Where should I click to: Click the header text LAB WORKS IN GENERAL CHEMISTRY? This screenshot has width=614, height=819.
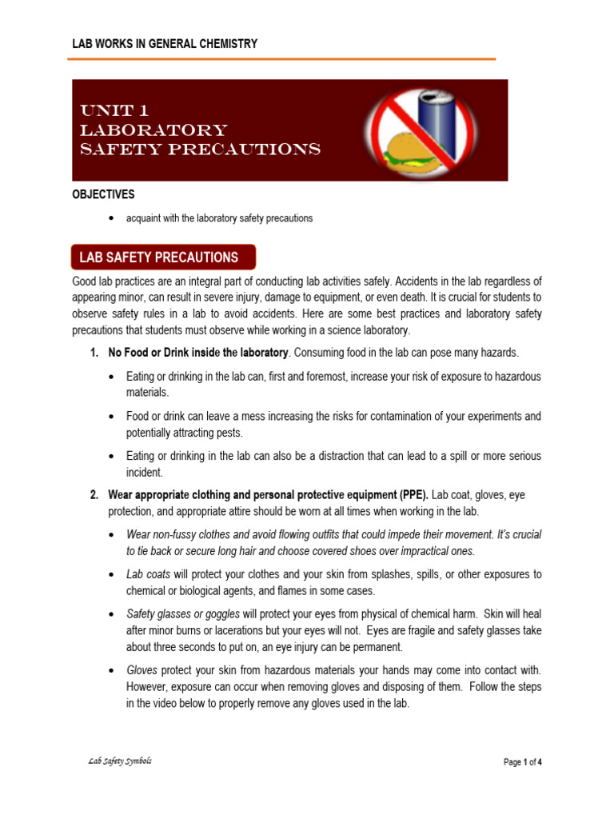click(165, 44)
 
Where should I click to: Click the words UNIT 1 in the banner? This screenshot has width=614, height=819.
click(114, 110)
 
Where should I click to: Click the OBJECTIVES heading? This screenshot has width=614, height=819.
click(103, 194)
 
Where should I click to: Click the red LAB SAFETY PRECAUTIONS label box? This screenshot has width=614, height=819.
click(163, 258)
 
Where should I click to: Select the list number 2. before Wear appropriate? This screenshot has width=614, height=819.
click(94, 495)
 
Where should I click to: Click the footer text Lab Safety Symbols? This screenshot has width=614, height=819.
click(120, 761)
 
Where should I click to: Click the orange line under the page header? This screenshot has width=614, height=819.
click(284, 59)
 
